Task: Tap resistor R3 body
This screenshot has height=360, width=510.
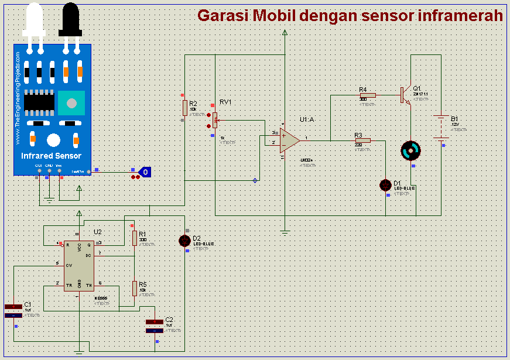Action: pos(362,140)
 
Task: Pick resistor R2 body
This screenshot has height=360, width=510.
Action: pos(185,108)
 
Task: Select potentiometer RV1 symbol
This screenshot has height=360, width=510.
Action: pos(215,120)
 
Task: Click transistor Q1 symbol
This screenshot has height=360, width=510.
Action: pos(405,94)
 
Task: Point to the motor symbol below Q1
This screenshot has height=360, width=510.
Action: pos(410,151)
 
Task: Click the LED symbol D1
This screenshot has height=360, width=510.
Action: pos(385,185)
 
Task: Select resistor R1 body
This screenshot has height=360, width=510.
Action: pos(135,238)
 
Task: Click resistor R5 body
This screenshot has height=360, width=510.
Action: pos(135,288)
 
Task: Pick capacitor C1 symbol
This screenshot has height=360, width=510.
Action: pos(13,310)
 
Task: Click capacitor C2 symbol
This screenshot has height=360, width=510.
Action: pos(155,326)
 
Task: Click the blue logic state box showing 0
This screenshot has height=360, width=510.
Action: pos(146,172)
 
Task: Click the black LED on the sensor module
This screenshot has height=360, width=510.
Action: pos(70,19)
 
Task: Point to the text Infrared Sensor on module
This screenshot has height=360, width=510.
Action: pos(51,156)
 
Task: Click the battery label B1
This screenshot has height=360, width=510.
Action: pos(454,119)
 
